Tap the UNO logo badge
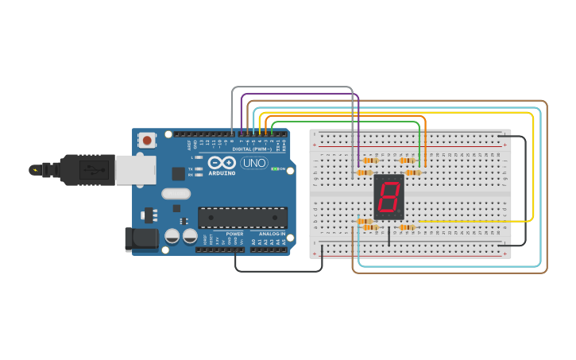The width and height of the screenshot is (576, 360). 254,163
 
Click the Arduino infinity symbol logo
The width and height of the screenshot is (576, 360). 222,163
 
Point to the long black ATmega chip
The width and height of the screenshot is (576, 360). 242,217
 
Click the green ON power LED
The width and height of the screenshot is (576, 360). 274,168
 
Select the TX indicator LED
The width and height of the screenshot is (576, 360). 193,168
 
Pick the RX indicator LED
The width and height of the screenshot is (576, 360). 193,175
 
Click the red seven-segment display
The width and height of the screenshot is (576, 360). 389,197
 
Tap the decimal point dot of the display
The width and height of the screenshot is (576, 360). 400,212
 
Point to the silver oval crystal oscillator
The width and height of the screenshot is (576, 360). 176,193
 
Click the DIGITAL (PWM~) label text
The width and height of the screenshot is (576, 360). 253,149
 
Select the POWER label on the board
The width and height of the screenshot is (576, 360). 234,234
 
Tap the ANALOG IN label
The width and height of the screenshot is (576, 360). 272,234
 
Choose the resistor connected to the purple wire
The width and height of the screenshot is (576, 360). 365,172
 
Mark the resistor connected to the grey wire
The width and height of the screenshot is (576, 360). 365,221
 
